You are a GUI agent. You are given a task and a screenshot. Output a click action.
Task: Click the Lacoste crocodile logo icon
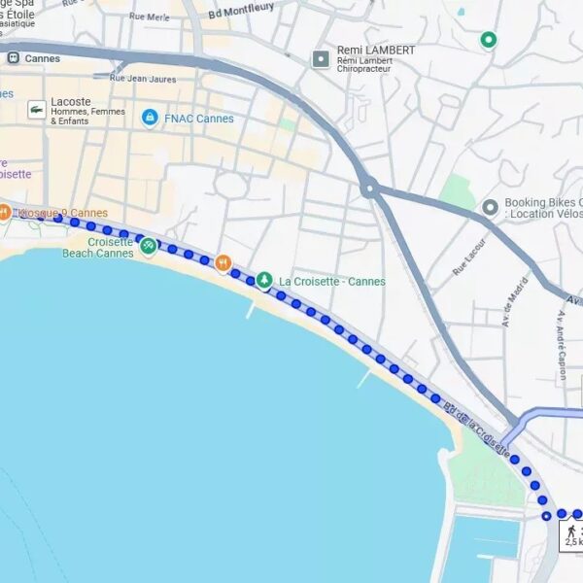[36, 110]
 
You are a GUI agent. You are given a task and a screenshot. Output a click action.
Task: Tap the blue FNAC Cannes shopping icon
[150, 118]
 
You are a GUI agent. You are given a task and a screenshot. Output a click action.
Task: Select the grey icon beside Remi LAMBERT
[321, 59]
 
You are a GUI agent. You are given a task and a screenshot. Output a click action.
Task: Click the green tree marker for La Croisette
[263, 280]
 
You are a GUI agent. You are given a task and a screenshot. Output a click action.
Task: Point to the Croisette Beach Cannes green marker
[148, 246]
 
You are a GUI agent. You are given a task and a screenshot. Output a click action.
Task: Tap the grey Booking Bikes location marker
[490, 208]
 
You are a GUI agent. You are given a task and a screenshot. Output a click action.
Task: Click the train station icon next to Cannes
[14, 58]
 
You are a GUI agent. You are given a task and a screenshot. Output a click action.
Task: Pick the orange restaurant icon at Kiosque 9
[5, 212]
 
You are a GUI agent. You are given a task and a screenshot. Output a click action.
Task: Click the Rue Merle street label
[149, 17]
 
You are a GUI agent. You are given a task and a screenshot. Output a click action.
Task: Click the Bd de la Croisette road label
[476, 428]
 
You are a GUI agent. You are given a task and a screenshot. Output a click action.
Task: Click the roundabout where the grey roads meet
[368, 188]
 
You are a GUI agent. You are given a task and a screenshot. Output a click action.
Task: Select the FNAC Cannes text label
[199, 119]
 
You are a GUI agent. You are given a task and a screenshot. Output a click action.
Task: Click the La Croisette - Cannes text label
[332, 282]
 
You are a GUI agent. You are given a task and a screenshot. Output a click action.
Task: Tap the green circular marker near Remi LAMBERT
[489, 40]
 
